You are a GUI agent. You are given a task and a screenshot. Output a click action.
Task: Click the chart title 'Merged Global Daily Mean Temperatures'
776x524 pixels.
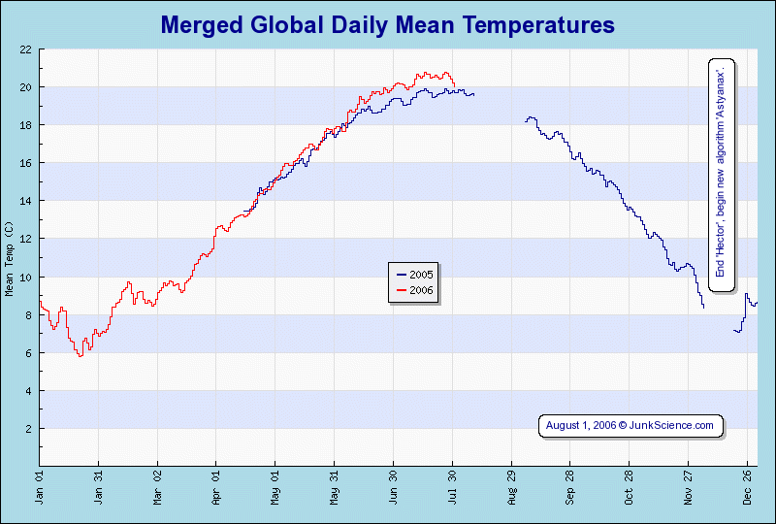click(x=387, y=24)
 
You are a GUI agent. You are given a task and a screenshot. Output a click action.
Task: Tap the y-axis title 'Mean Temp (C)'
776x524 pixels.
click(x=10, y=258)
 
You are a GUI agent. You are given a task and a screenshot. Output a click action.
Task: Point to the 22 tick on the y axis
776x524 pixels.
click(x=26, y=49)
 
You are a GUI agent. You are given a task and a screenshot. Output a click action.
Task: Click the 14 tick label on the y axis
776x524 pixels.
click(x=26, y=201)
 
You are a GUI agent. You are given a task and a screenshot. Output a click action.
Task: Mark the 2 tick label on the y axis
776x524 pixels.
click(x=29, y=429)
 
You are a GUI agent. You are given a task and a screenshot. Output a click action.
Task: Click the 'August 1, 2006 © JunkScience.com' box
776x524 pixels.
click(x=630, y=425)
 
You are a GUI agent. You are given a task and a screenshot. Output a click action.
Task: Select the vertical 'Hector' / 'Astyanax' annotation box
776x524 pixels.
click(x=722, y=168)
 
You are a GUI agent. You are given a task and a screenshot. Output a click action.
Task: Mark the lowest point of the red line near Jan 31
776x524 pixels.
click(x=81, y=356)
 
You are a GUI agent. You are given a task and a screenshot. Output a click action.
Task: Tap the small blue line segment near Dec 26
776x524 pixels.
click(x=746, y=302)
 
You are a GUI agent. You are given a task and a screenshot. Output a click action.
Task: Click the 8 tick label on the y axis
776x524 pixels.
click(x=29, y=315)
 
